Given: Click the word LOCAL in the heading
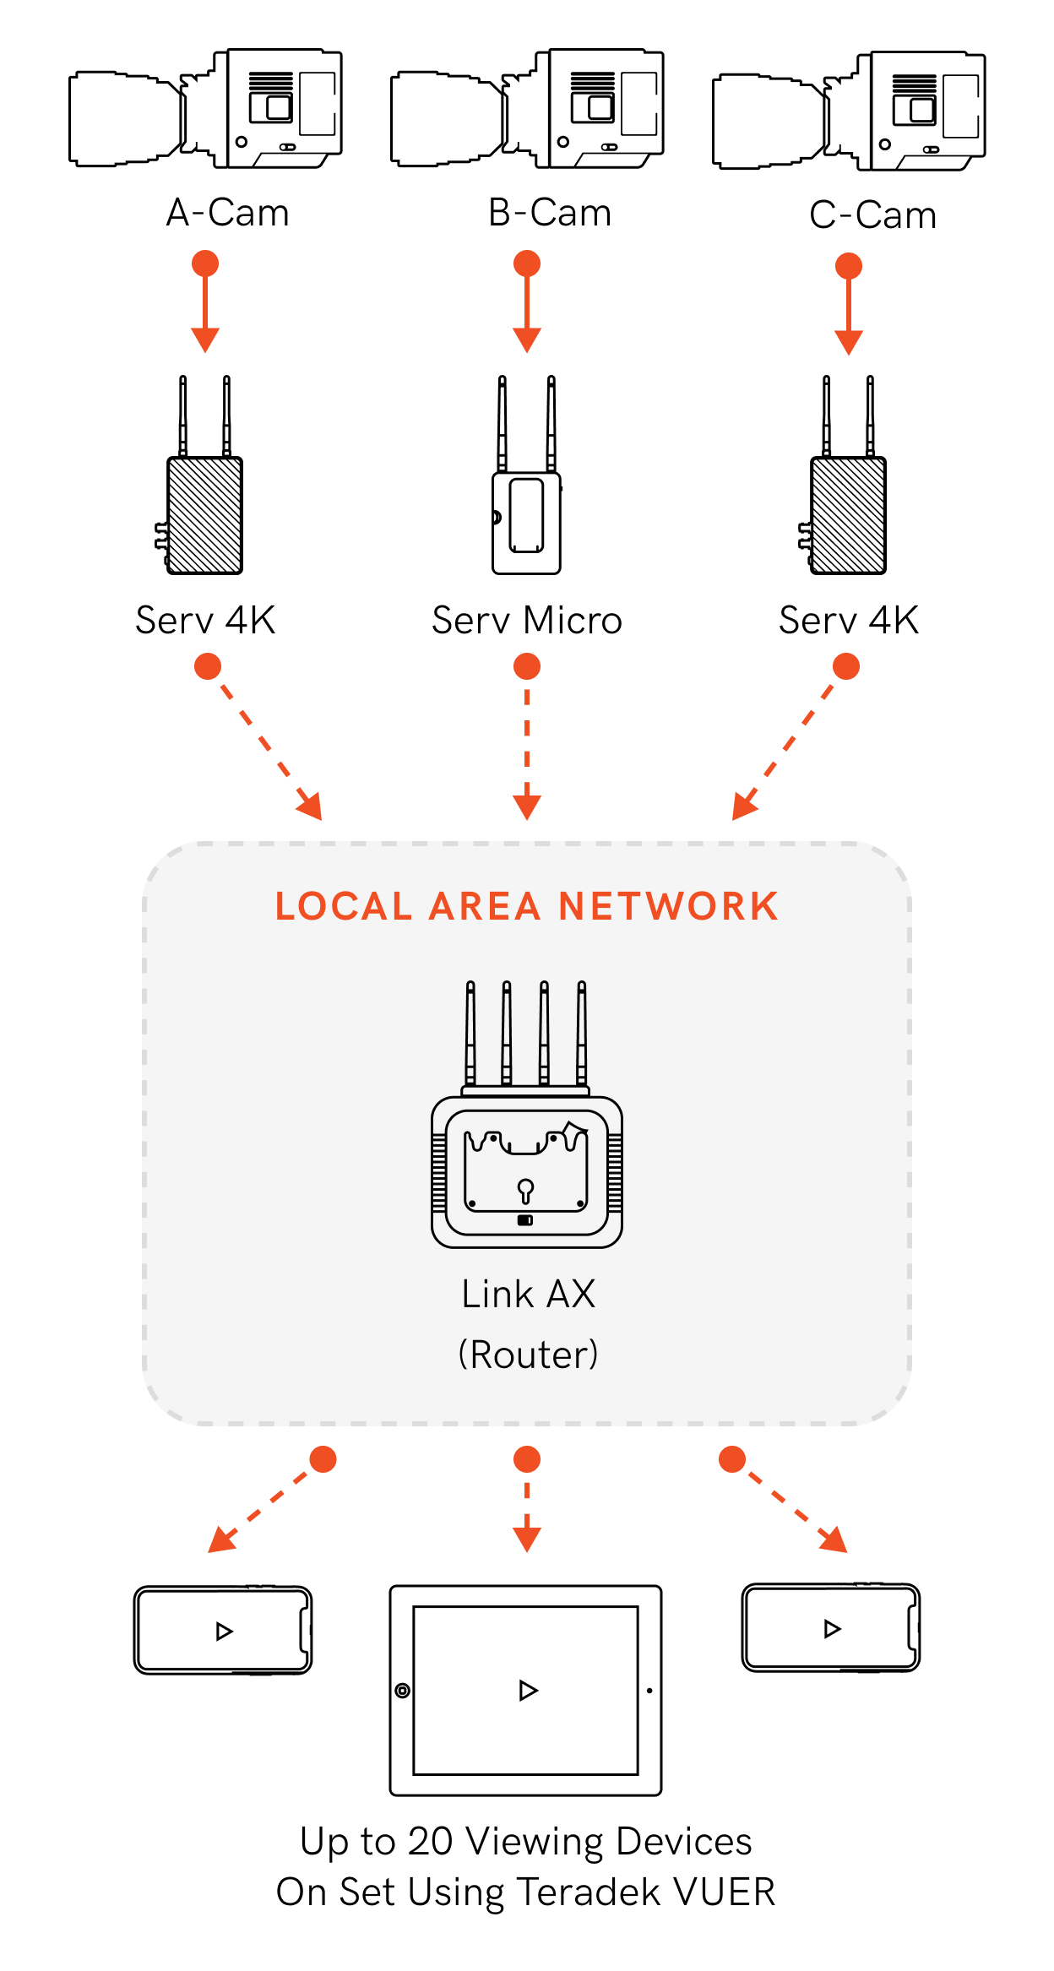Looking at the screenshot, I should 343,907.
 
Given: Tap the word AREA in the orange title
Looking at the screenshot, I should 484,907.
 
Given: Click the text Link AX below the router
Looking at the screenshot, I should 528,1294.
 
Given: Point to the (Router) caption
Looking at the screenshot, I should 528,1355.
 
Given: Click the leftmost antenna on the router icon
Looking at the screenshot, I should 470,1034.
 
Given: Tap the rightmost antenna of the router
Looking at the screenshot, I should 581,1034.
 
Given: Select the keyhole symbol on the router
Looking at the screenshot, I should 525,1191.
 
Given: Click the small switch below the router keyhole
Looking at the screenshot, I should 525,1220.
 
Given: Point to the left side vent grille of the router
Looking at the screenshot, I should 439,1174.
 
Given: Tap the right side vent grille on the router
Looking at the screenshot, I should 615,1174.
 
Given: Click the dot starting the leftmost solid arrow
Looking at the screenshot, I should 205,263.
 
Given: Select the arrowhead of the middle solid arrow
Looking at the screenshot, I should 527,340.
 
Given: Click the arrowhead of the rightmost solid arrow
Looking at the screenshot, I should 849,343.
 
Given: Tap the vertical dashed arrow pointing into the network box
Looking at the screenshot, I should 527,743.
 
